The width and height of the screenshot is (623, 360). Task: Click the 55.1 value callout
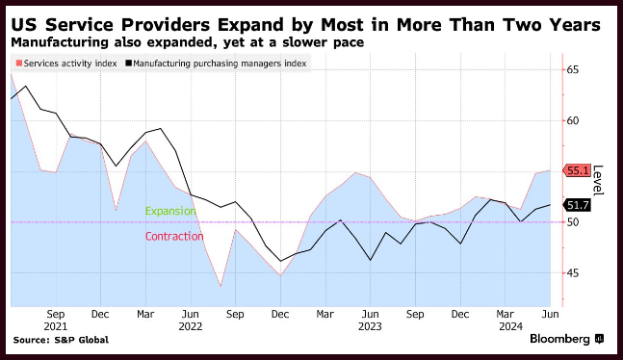click(577, 171)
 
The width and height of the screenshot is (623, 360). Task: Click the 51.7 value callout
click(577, 205)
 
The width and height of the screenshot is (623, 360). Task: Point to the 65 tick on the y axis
click(573, 70)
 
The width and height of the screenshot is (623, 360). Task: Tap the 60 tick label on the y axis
click(573, 120)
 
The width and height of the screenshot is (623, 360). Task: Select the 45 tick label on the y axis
click(573, 273)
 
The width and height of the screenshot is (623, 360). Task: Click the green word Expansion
click(170, 211)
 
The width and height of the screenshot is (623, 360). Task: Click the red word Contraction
click(174, 237)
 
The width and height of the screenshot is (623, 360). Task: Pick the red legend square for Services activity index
click(19, 64)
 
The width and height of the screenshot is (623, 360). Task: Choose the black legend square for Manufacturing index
click(129, 64)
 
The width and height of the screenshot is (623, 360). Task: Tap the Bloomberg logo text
click(559, 339)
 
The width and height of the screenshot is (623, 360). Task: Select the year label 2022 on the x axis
click(191, 326)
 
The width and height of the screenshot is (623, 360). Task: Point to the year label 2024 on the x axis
click(511, 326)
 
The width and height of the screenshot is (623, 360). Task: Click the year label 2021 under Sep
click(56, 326)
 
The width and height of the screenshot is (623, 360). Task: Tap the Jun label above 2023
click(370, 315)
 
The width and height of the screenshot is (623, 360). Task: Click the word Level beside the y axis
click(598, 180)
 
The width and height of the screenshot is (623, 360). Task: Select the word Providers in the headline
click(166, 25)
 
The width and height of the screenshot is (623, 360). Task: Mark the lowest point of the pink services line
click(221, 286)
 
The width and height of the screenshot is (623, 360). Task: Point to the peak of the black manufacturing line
click(26, 86)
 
